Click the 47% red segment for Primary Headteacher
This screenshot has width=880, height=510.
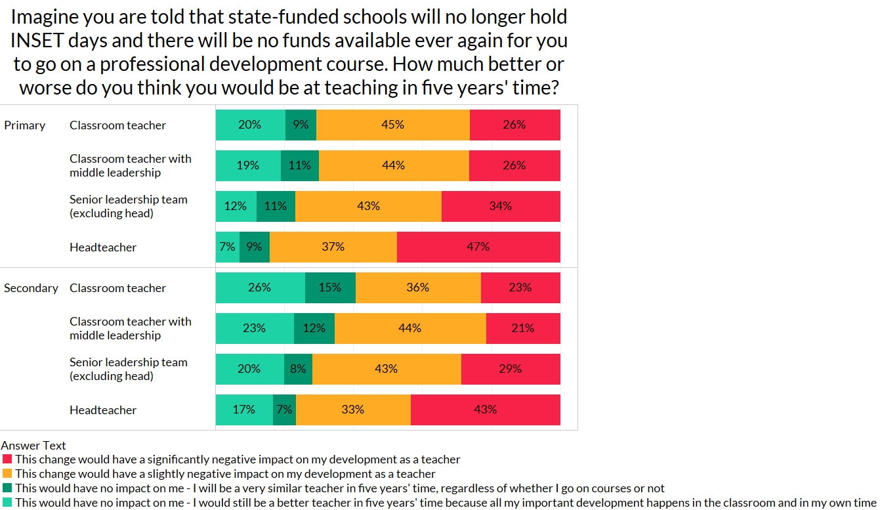[x=478, y=247]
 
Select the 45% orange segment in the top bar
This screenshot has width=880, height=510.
[x=392, y=125]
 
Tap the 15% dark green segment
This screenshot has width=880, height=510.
[x=330, y=287]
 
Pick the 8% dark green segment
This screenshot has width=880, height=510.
[x=298, y=369]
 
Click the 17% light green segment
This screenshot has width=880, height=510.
[x=244, y=410]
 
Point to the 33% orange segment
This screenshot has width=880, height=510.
[x=353, y=410]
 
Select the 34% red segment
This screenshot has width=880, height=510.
[x=501, y=206]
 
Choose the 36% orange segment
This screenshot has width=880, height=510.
[x=418, y=287]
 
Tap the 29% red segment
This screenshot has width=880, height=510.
[x=511, y=369]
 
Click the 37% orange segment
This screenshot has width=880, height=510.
[x=333, y=247]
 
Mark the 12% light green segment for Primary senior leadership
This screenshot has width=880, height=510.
[x=236, y=206]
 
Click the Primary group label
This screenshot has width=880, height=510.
[x=25, y=125]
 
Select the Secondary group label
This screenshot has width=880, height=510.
[x=31, y=288]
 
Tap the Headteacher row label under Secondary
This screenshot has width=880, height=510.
[x=103, y=410]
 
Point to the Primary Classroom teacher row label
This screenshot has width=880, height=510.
[x=117, y=125]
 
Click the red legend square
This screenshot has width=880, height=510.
[x=7, y=459]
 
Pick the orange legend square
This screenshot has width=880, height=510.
[x=7, y=474]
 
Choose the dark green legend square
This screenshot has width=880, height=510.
[x=7, y=488]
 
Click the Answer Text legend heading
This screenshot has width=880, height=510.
[x=33, y=446]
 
